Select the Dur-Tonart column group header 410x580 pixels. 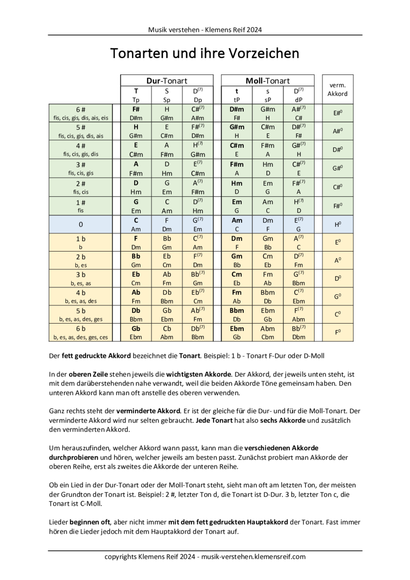click(x=167, y=81)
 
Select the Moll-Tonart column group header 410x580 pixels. click(x=268, y=81)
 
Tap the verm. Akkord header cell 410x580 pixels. click(x=337, y=90)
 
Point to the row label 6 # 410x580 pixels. click(x=81, y=110)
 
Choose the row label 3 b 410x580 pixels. click(x=81, y=274)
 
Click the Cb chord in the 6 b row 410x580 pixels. click(x=167, y=329)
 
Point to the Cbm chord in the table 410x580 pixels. click(x=268, y=337)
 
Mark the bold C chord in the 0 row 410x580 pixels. click(x=136, y=220)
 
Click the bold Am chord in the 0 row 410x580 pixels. click(x=237, y=220)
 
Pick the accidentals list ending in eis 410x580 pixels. click(x=81, y=118)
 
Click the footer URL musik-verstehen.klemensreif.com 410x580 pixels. click(x=254, y=557)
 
